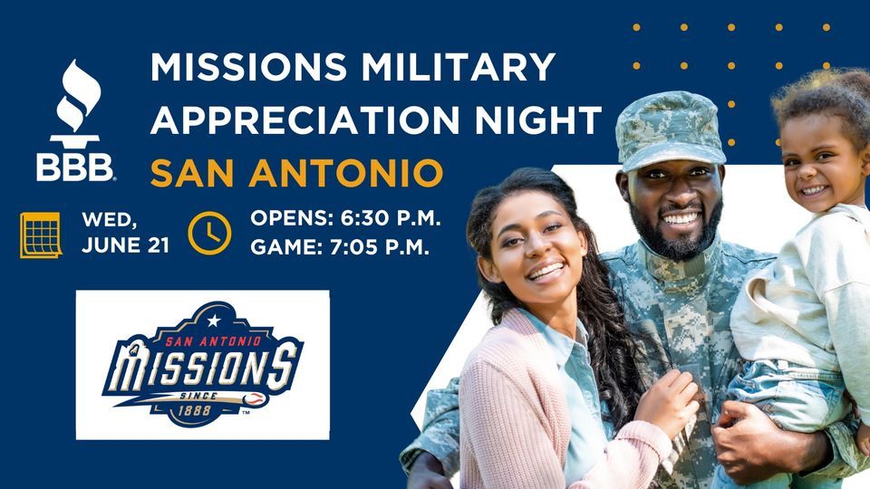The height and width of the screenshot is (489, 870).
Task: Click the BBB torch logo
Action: (75, 118)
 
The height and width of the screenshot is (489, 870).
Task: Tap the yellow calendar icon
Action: (40, 235)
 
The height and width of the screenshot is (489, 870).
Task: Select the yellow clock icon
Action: (209, 234)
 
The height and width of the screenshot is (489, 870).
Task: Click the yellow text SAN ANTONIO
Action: (296, 171)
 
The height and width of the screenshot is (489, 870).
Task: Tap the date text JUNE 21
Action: (125, 245)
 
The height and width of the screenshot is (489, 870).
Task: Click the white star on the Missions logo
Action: (214, 320)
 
